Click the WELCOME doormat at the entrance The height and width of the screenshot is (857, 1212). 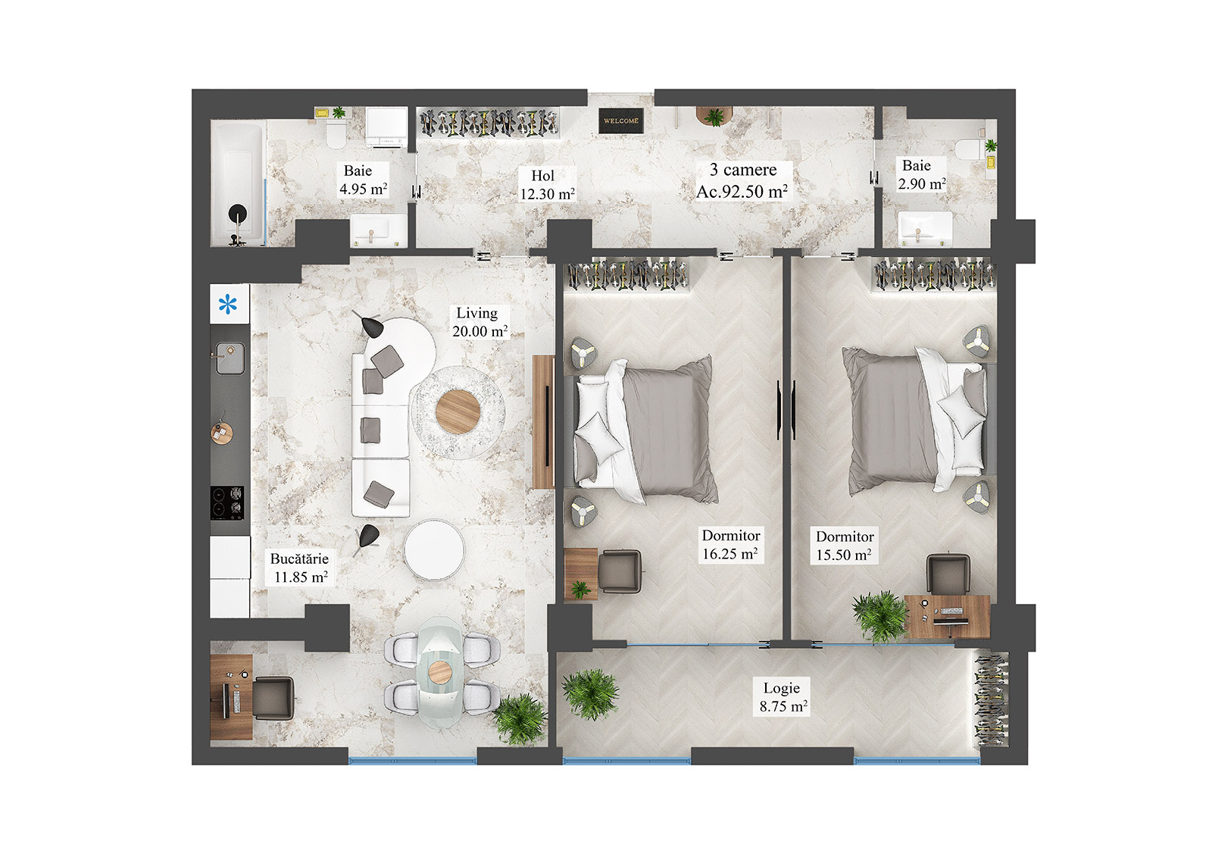coord(620,120)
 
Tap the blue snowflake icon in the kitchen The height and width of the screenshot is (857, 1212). coord(228,305)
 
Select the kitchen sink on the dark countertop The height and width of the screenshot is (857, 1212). coord(230,358)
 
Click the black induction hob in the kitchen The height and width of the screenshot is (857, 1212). coord(228,502)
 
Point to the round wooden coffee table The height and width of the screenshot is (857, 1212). coord(458,411)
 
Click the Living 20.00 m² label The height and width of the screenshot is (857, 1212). coord(479,322)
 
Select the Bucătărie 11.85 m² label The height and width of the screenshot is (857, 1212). coord(300,568)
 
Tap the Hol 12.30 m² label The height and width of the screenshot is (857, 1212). coord(546,185)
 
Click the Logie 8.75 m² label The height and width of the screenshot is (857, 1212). coord(782,697)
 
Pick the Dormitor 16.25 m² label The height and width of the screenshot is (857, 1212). coord(730,545)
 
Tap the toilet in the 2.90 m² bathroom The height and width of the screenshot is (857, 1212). coord(968,149)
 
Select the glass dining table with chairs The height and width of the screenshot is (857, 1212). coord(441,671)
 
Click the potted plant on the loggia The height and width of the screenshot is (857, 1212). coord(590,693)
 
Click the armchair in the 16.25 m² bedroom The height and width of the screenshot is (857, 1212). coord(620,571)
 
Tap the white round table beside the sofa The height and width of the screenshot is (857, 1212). coord(434,550)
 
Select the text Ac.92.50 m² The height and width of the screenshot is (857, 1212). coord(742,192)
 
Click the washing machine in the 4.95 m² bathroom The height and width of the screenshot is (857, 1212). coord(387,127)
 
